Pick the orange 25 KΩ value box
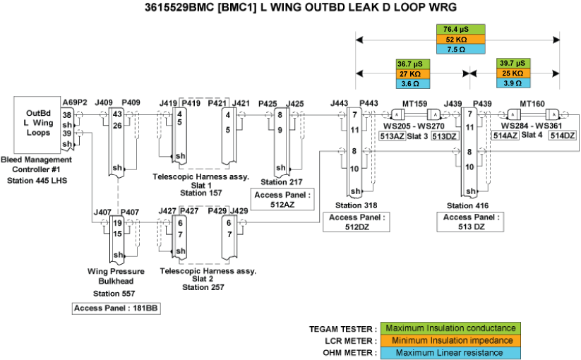tap(511, 73)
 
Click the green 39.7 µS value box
tap(511, 63)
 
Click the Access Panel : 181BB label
tap(112, 308)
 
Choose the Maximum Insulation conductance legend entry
tap(450, 329)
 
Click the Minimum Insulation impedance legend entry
tap(450, 341)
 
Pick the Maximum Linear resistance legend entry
tap(450, 353)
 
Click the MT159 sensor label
tap(415, 104)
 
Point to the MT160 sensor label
tap(532, 104)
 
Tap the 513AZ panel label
tap(392, 136)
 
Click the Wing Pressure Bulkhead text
tap(116, 276)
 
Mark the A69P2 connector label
tap(74, 102)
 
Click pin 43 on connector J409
tap(117, 114)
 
